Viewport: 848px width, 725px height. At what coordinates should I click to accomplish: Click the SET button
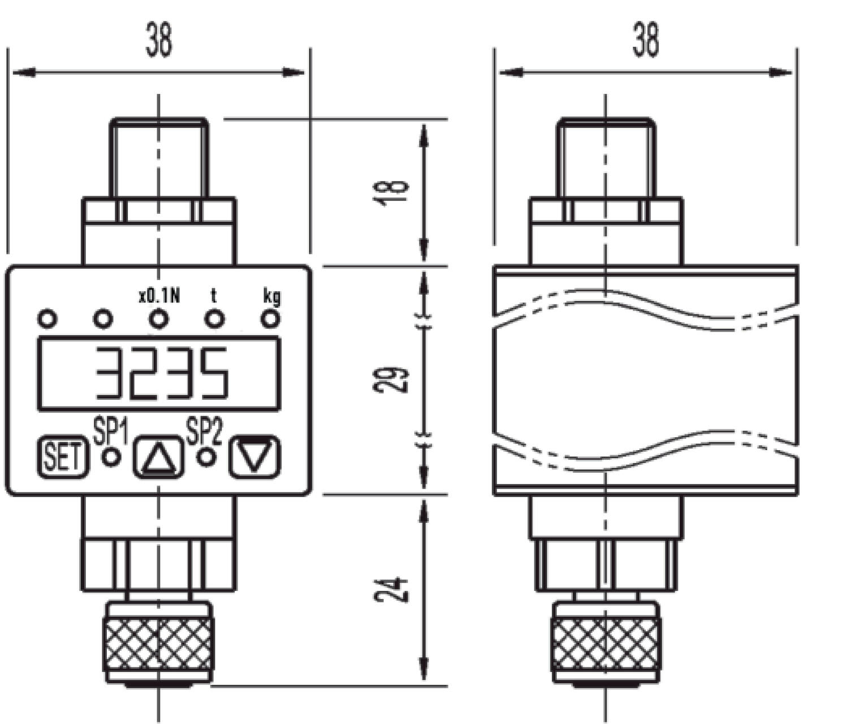pyautogui.click(x=63, y=457)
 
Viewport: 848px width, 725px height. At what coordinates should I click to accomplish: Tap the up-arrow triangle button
pyautogui.click(x=158, y=457)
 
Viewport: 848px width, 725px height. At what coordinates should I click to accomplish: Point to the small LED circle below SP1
pyautogui.click(x=111, y=457)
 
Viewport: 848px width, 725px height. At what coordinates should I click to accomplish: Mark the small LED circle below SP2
pyautogui.click(x=206, y=457)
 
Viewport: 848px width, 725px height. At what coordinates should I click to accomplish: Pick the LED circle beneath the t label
pyautogui.click(x=214, y=319)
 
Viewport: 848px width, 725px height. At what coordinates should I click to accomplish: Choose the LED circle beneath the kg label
pyautogui.click(x=271, y=319)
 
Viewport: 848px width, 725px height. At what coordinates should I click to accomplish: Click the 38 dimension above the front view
pyautogui.click(x=158, y=40)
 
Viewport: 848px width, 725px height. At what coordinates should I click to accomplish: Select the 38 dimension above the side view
pyautogui.click(x=646, y=40)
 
